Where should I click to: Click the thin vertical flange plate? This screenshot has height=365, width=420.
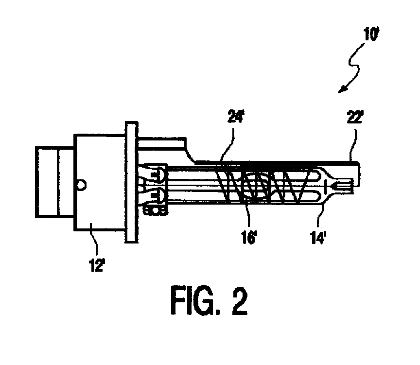[131, 183]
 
